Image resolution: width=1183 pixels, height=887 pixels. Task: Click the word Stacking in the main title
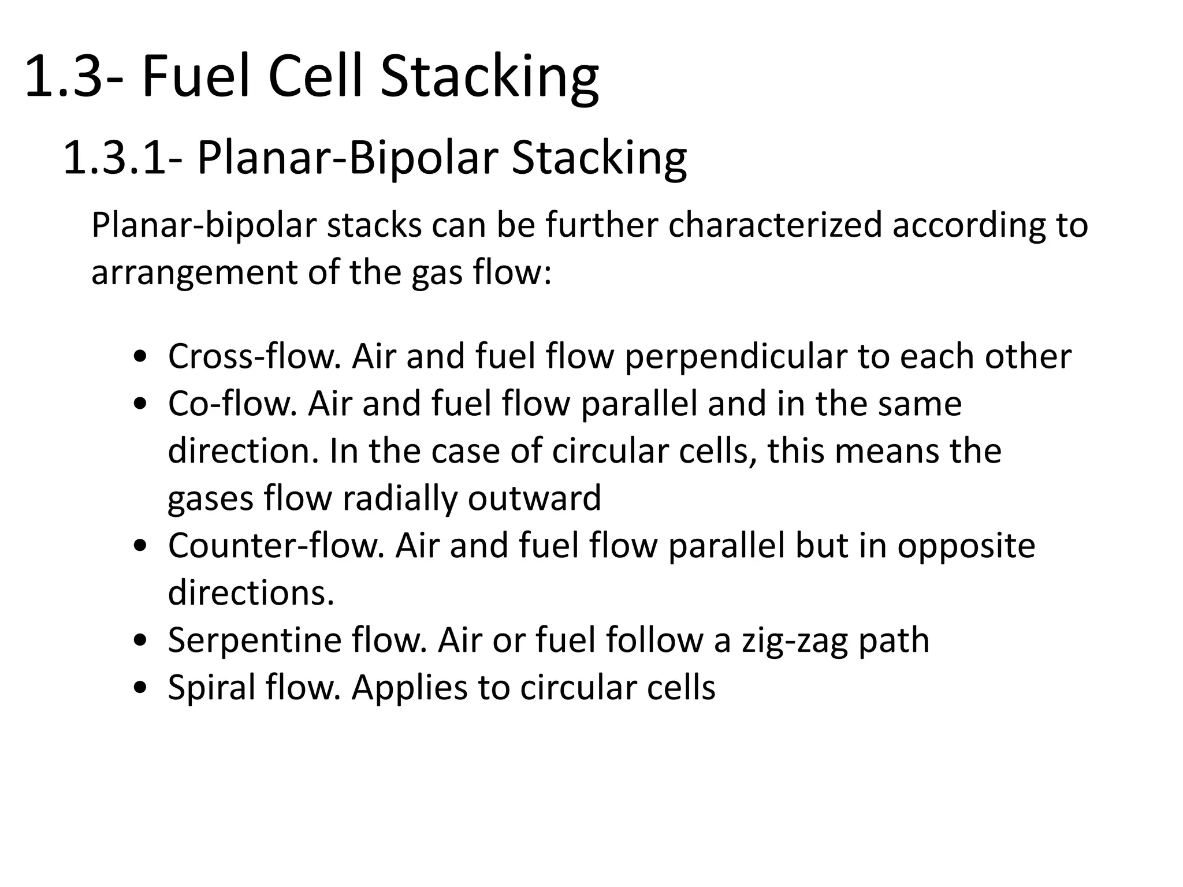click(x=489, y=76)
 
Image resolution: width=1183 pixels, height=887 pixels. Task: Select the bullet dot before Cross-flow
click(x=139, y=357)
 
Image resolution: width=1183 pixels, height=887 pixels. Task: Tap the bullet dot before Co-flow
click(x=139, y=404)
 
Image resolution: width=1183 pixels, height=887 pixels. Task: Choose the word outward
click(x=534, y=498)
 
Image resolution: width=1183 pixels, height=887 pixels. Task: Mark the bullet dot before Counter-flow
click(x=139, y=546)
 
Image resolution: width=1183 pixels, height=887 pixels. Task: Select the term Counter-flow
click(x=276, y=545)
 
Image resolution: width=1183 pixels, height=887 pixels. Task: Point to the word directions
click(x=251, y=592)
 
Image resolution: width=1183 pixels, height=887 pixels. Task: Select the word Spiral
click(x=211, y=688)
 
